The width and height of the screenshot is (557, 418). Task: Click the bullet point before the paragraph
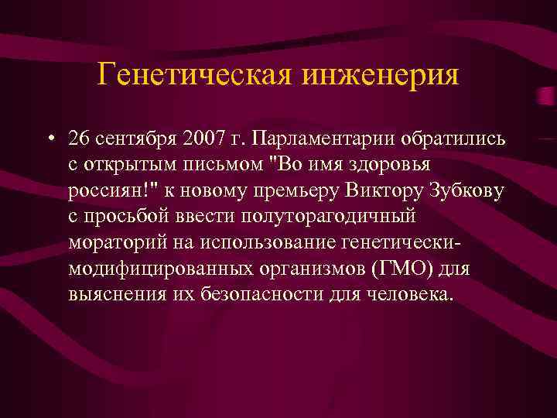[50, 139]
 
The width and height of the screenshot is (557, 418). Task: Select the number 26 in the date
[79, 139]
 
